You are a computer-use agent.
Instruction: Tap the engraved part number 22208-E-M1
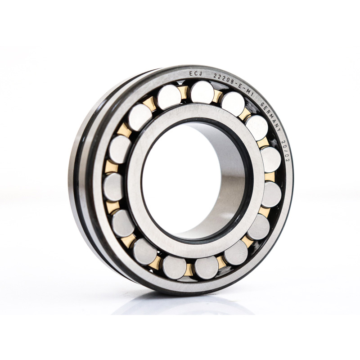(234, 83)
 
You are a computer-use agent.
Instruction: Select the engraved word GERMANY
(271, 117)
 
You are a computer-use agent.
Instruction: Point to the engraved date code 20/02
(285, 151)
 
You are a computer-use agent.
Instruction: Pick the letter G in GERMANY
(262, 104)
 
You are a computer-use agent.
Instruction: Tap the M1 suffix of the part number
(250, 90)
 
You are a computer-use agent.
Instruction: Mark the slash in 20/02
(286, 151)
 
